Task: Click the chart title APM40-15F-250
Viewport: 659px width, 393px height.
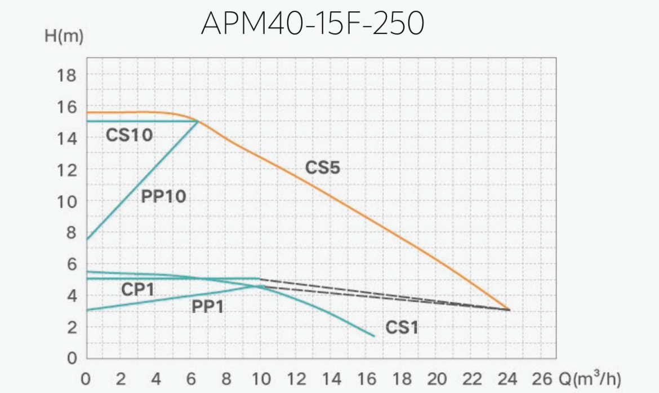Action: tap(312, 24)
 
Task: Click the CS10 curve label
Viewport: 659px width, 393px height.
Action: tap(129, 136)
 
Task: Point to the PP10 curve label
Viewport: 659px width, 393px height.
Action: tap(163, 197)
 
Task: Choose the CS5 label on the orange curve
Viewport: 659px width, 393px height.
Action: tap(323, 167)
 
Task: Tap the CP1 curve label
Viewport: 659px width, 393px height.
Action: tap(137, 290)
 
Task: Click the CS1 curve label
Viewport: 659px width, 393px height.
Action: tap(402, 328)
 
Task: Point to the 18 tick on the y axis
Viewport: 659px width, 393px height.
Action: tap(68, 75)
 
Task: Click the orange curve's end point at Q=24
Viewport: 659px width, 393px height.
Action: tap(509, 310)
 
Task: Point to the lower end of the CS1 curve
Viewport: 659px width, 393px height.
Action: tap(374, 336)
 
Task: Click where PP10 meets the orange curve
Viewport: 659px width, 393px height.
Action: tap(199, 121)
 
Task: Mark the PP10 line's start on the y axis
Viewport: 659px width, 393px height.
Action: tap(87, 240)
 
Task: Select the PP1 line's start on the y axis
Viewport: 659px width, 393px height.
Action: tap(87, 310)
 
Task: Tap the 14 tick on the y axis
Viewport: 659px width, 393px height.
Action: tap(68, 138)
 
